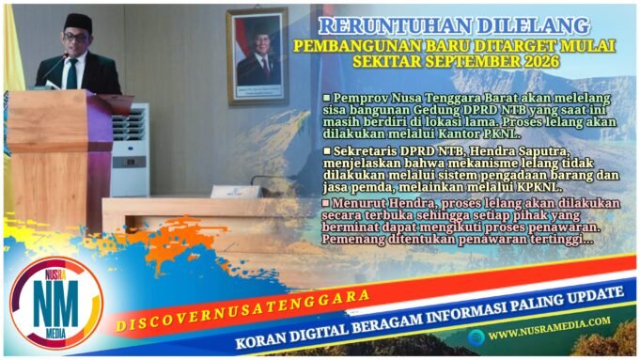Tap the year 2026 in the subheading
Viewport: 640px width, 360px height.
[538, 60]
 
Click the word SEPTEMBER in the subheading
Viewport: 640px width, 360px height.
[464, 60]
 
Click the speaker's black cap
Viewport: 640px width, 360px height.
[78, 22]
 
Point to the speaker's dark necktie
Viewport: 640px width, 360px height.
[71, 73]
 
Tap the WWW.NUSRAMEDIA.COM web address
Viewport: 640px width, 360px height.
[549, 332]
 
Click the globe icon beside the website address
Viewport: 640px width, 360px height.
[477, 334]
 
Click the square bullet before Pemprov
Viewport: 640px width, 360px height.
[327, 98]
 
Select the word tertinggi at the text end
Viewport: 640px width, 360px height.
[558, 240]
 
